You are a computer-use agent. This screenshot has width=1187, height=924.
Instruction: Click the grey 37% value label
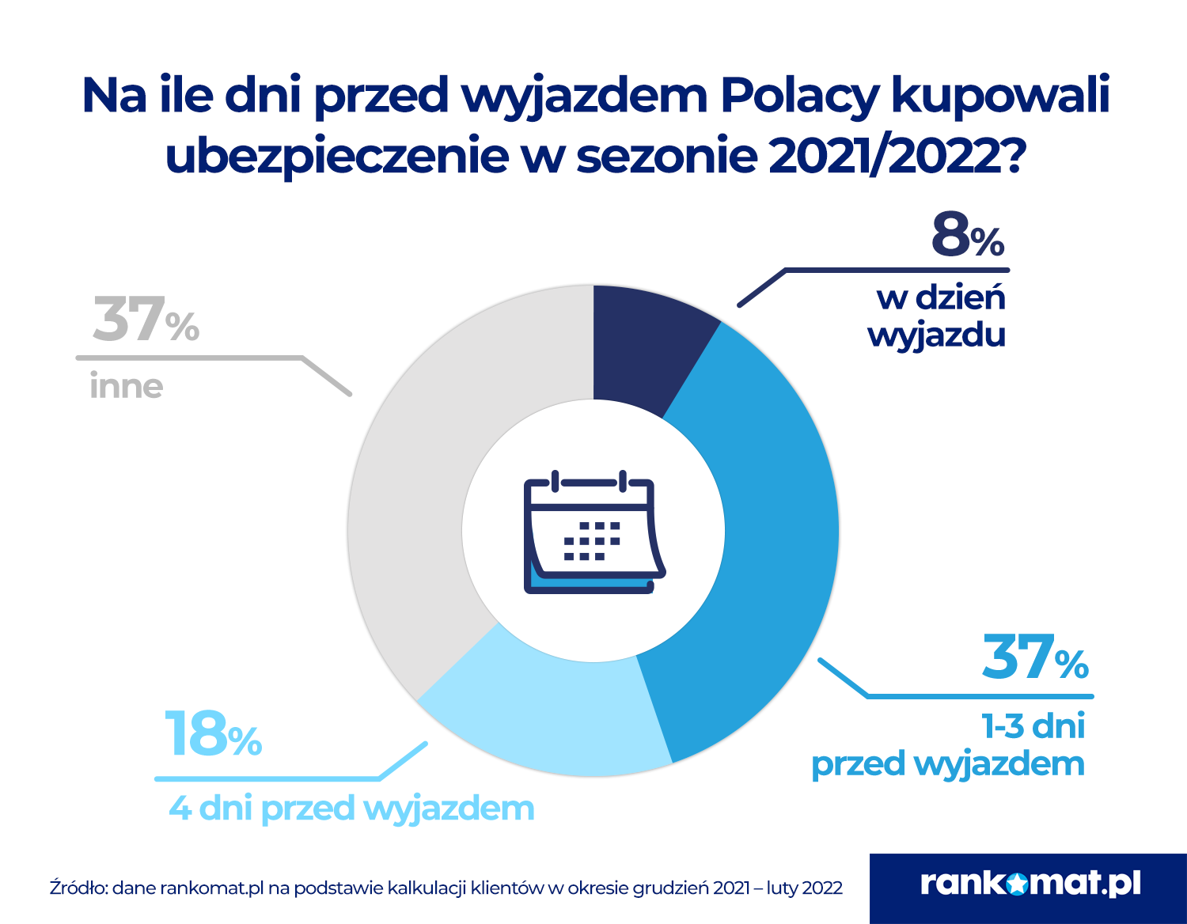coord(146,320)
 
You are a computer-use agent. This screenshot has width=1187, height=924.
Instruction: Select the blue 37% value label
coord(1035,657)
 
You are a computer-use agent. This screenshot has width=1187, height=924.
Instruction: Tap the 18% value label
coord(213,734)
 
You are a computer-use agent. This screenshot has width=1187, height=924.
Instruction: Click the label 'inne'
coord(126,387)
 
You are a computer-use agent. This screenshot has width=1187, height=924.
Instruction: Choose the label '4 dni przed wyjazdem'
coord(351,808)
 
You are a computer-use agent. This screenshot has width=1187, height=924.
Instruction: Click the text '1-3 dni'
coord(1033,726)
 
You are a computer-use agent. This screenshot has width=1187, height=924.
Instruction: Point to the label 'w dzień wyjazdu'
coord(939,316)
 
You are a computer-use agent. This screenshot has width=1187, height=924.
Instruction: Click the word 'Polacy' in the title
coord(800,96)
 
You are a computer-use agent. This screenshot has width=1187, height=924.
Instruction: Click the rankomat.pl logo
coord(1029,884)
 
